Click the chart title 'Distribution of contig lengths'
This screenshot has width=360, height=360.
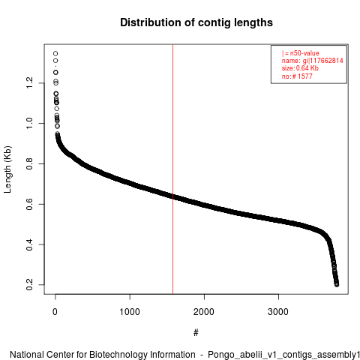(196, 22)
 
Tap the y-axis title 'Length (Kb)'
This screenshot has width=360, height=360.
(7, 169)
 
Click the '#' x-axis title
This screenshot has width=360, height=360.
(196, 333)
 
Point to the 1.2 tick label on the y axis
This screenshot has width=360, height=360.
(29, 82)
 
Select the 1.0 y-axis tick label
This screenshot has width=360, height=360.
(29, 123)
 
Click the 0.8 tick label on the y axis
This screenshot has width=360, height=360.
(29, 163)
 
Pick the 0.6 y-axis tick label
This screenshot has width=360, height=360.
(29, 204)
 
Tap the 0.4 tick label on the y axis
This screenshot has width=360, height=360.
(29, 244)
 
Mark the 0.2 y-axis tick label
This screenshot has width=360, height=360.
(29, 285)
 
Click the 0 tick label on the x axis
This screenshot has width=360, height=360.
(55, 312)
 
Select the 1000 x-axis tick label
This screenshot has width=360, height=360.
(130, 312)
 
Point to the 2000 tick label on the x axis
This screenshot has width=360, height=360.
(204, 312)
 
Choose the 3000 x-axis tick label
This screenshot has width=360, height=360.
(278, 312)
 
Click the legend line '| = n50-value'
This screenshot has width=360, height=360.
(301, 53)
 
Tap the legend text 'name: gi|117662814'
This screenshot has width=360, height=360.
(313, 61)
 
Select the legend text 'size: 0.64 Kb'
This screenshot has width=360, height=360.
(300, 68)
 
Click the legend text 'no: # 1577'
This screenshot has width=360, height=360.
(297, 76)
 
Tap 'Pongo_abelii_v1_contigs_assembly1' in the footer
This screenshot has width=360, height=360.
(284, 355)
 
